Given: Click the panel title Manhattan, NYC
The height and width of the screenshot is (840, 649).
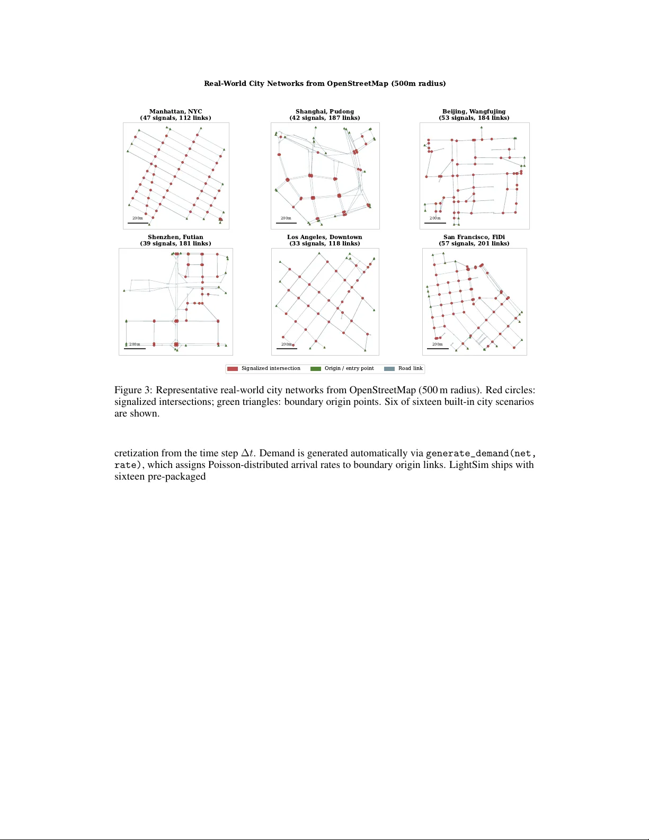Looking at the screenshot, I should [175, 111].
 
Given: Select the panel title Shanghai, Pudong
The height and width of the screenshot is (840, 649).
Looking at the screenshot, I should [324, 111].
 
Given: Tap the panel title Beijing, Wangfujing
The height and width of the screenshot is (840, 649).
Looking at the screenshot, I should [474, 111].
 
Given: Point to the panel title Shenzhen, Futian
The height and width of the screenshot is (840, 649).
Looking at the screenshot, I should [175, 237].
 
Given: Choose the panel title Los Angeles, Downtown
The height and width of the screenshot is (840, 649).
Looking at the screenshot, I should [324, 237].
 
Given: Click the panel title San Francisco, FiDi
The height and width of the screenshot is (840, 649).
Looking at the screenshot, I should [474, 237].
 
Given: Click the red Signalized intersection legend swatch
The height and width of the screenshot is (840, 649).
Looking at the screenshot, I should [232, 368].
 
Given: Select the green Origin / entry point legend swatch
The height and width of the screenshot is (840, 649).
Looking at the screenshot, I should [315, 368].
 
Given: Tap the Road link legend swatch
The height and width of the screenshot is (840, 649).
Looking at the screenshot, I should [389, 368].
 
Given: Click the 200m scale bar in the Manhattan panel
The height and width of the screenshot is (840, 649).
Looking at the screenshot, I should [138, 223].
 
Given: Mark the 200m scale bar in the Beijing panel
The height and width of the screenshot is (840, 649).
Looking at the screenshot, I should [435, 223].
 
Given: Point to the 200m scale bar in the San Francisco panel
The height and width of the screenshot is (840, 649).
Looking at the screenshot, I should [438, 349].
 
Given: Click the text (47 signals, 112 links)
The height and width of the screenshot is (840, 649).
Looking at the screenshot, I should [175, 118].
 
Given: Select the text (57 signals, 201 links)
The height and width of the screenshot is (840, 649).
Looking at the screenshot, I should [474, 243].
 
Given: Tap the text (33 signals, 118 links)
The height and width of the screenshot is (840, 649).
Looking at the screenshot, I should [324, 243].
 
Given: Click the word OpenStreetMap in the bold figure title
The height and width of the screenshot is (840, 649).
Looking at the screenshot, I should [358, 83].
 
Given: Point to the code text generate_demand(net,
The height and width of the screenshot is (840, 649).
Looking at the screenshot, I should [481, 454].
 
